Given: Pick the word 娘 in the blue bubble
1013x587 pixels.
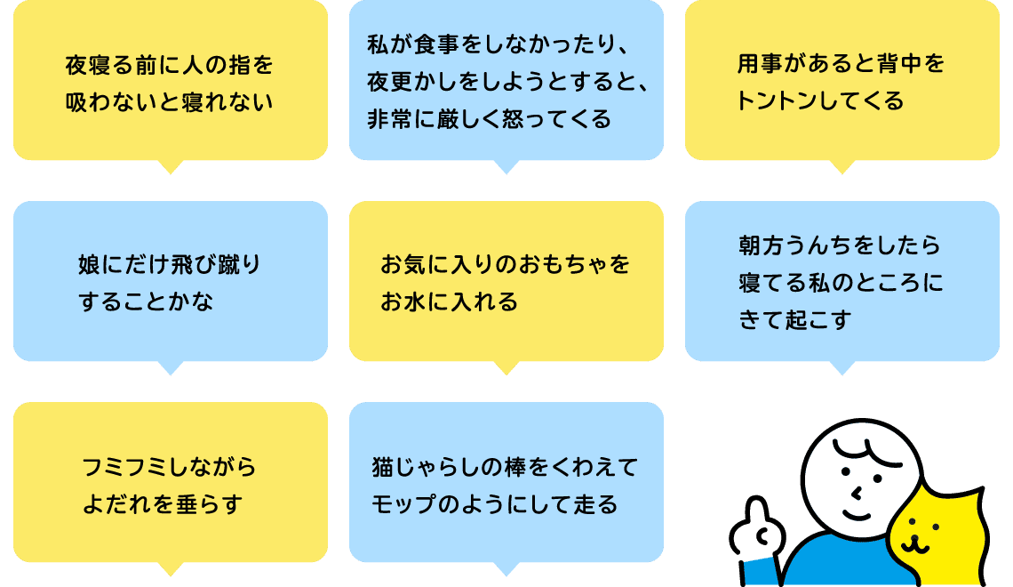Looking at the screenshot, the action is tap(89, 265).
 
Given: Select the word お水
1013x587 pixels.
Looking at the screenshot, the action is tap(402, 302).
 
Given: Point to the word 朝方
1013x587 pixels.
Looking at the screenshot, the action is tap(761, 245).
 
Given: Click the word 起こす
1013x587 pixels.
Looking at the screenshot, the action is tap(818, 320).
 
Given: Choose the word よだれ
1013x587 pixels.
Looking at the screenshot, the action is tap(115, 504).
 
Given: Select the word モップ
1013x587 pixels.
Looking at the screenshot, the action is tap(403, 504).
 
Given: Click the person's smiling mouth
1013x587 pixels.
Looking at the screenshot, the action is tap(858, 515).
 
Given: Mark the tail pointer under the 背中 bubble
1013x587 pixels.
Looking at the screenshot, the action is tap(842, 167).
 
